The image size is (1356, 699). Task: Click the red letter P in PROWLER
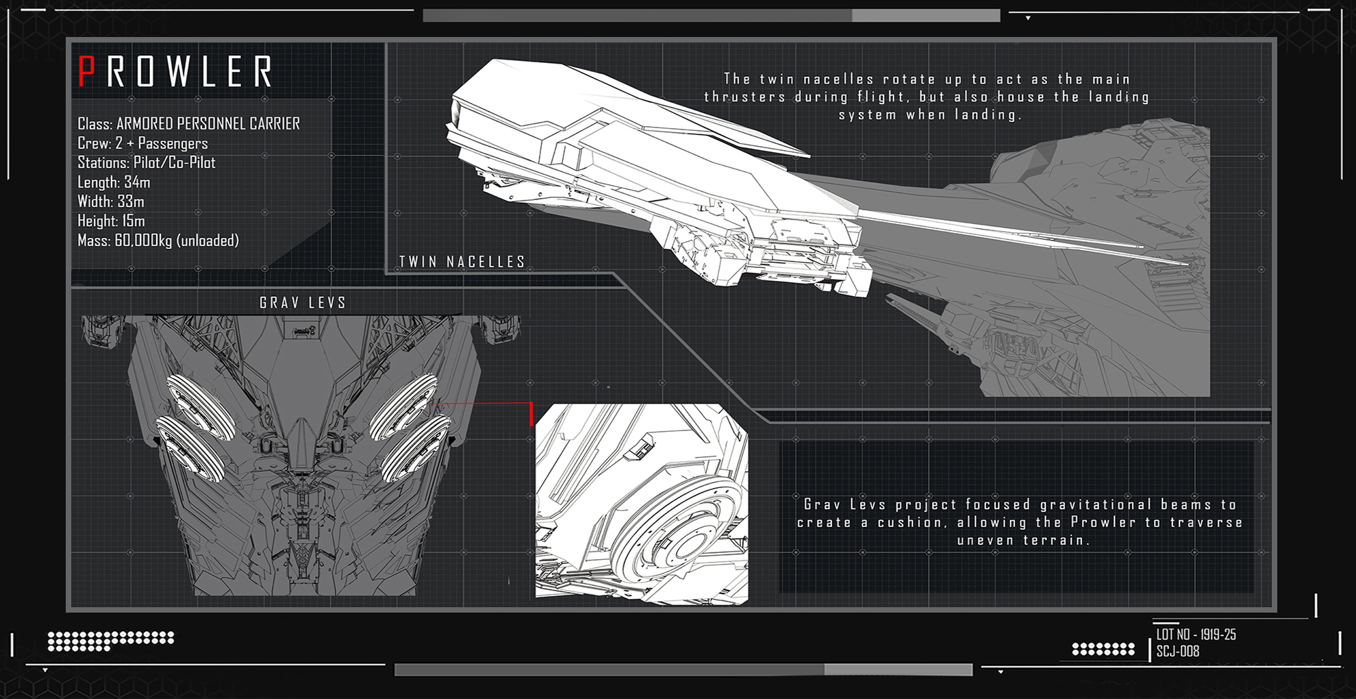coord(86,71)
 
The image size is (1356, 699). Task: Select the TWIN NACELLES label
coord(462,262)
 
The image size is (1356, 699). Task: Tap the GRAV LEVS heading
coord(303,303)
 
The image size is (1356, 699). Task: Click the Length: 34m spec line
coord(114,182)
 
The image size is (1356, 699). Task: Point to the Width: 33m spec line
coord(111,201)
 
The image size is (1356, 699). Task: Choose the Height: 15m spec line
coord(111,221)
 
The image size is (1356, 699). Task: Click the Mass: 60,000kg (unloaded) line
coord(158,241)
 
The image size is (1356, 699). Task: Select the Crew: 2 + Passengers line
coord(142,143)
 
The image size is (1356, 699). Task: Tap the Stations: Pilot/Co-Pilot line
coord(147,162)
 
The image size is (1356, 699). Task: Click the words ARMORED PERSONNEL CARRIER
coord(208,123)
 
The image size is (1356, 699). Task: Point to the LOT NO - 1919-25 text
coord(1196,635)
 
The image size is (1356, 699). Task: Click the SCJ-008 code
coord(1178,651)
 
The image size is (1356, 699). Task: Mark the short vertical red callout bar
coord(531,414)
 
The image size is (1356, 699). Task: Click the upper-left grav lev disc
coord(201,407)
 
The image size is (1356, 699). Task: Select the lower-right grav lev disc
coord(415,449)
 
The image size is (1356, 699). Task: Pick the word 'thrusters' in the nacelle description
coord(745,97)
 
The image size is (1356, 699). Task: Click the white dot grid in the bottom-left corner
coord(110,641)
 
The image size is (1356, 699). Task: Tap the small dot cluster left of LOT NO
coord(1103,648)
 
